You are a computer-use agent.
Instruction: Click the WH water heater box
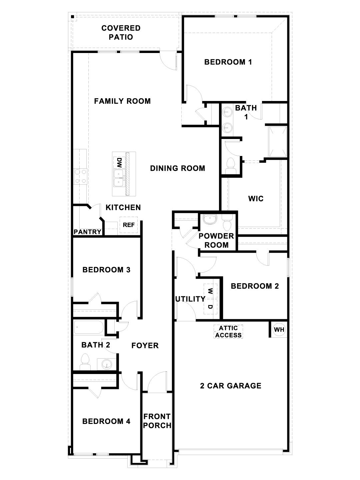[x=279, y=330]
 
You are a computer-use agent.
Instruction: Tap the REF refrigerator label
[x=129, y=225]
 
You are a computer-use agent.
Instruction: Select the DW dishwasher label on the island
[x=119, y=163]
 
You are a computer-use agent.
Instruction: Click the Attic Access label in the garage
[x=228, y=332]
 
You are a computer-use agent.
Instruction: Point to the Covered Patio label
[x=121, y=32]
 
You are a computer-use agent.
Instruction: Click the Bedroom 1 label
[x=228, y=62]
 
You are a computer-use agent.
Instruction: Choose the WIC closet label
[x=256, y=199]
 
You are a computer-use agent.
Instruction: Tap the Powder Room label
[x=216, y=240]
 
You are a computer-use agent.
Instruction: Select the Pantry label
[x=87, y=232]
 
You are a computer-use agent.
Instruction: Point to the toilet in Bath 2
[x=85, y=362]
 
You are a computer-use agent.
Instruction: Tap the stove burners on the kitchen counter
[x=81, y=176]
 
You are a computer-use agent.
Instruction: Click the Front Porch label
[x=157, y=421]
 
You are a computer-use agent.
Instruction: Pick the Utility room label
[x=190, y=299]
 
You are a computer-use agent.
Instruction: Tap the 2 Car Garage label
[x=230, y=386]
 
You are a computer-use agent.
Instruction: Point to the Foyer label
[x=145, y=346]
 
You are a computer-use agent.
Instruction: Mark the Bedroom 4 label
[x=106, y=421]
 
